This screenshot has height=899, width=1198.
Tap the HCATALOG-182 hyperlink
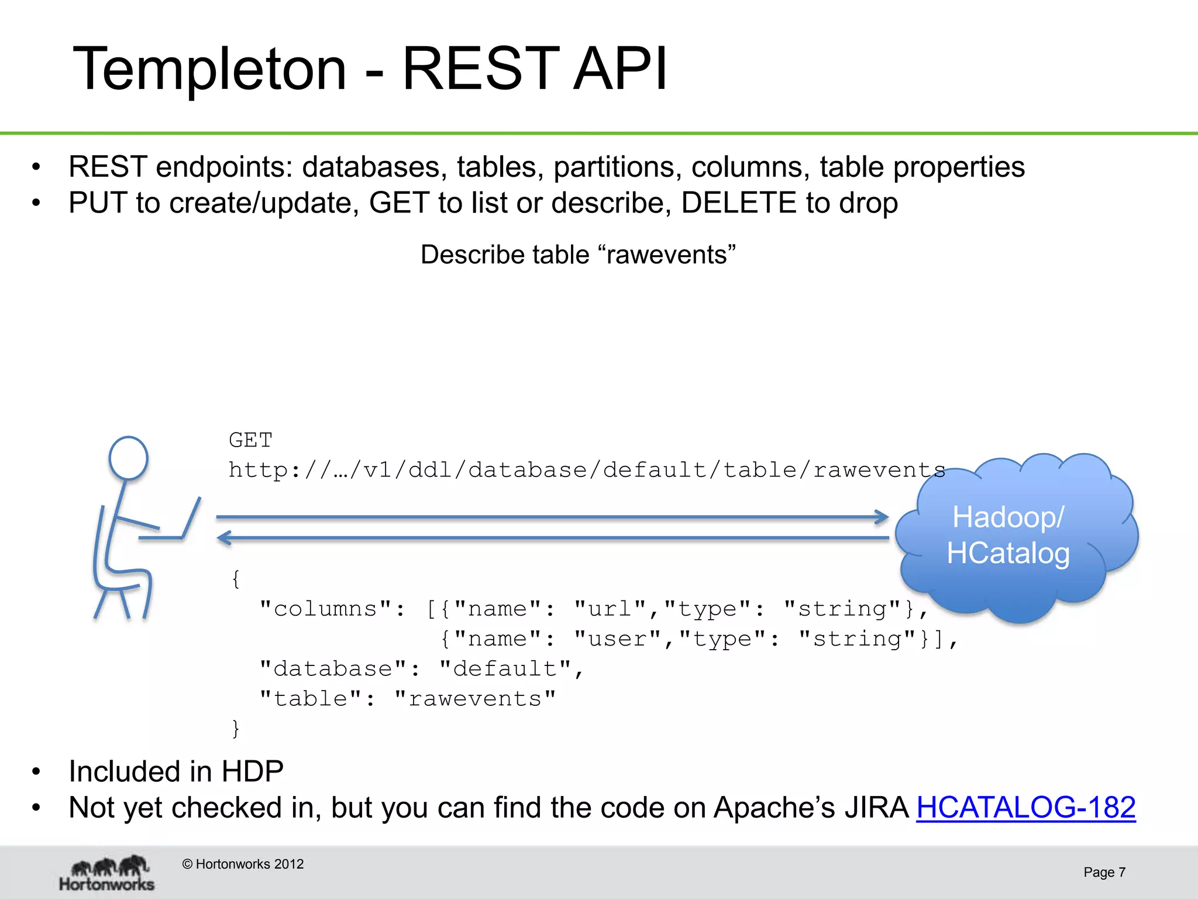(1025, 808)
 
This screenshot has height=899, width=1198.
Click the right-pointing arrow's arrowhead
(882, 517)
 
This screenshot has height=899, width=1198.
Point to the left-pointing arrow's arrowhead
(225, 537)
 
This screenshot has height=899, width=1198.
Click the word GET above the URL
(250, 440)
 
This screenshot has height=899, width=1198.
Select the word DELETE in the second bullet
(739, 203)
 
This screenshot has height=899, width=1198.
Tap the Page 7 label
(1104, 872)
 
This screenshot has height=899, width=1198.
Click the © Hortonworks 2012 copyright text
(243, 864)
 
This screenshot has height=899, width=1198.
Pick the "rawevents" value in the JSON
(475, 699)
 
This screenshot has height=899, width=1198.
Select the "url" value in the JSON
(610, 609)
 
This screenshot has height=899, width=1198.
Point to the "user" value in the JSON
(618, 639)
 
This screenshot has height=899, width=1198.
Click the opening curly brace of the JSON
(236, 579)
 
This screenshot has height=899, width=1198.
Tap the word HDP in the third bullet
(252, 771)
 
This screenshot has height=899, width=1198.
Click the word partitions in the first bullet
(618, 167)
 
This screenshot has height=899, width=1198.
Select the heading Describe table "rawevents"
(578, 255)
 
